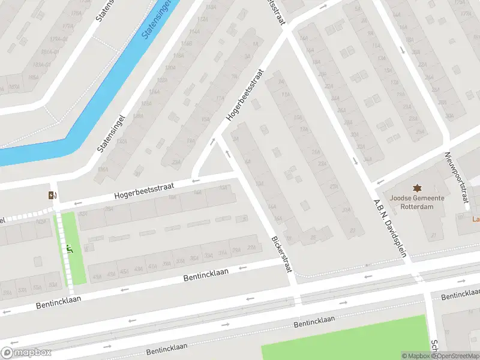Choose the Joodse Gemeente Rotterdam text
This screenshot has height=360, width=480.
[416, 202]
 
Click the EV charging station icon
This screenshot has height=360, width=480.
[53, 194]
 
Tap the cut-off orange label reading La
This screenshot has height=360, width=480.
[476, 219]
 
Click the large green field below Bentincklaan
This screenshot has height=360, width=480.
[348, 342]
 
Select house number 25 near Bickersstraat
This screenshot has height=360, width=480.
[313, 237]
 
